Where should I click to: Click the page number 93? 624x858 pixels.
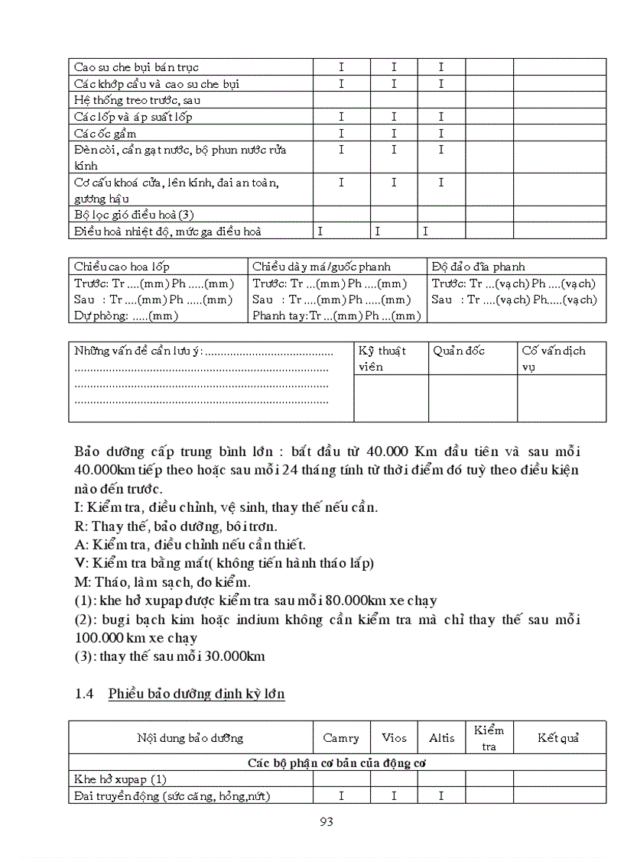coord(326,822)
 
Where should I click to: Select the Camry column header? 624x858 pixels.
coord(341,737)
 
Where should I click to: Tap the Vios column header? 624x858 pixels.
coord(394,737)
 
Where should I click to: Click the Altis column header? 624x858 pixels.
coord(441,737)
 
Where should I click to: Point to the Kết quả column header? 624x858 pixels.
coord(558,737)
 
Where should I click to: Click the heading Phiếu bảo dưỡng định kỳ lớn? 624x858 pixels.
coord(197,694)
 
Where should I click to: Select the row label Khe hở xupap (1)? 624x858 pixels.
coord(120,779)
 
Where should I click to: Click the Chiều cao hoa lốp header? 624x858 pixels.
coord(122,267)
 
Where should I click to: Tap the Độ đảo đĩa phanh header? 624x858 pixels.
coord(478,267)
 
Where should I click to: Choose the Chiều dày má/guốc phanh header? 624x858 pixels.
coord(321,267)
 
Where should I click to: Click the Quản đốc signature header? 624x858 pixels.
coord(459,351)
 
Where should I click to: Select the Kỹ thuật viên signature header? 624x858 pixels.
coord(382,358)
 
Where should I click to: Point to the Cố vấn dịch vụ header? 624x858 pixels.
coord(554,358)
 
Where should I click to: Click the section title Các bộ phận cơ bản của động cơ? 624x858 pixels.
coord(336,762)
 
